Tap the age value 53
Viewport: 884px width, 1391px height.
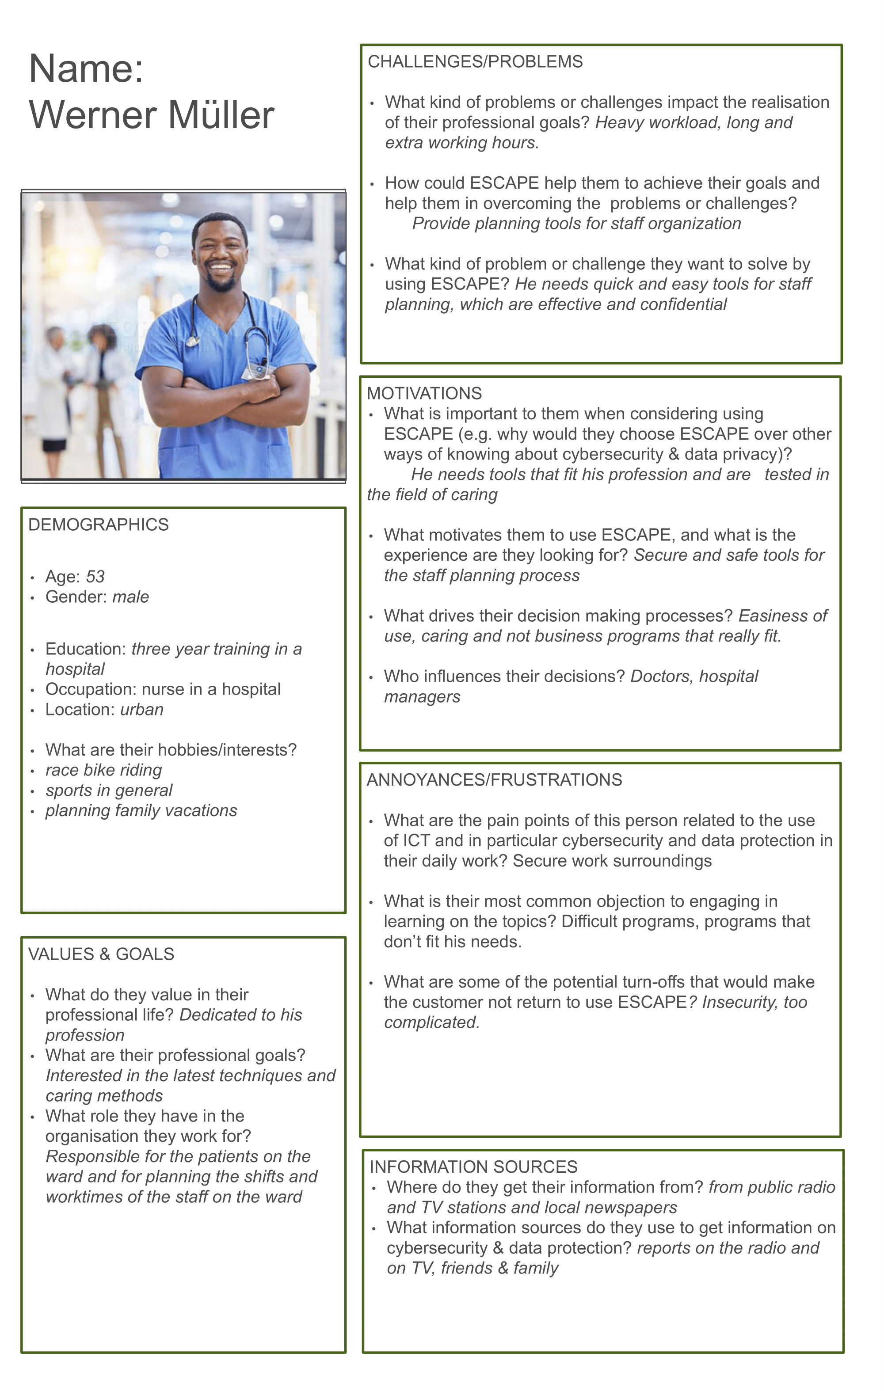tap(95, 577)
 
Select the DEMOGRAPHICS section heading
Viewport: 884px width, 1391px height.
tap(98, 524)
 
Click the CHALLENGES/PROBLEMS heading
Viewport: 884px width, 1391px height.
tap(475, 62)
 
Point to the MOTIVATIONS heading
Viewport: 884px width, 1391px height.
tap(424, 393)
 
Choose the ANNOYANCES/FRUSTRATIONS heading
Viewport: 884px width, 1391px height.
tap(494, 780)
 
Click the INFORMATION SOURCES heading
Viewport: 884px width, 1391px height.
tap(473, 1167)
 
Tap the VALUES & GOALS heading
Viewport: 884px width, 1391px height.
tap(101, 954)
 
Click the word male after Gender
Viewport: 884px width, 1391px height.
tap(130, 597)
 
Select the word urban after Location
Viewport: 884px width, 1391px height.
tap(141, 709)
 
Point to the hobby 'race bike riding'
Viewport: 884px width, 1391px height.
tap(103, 770)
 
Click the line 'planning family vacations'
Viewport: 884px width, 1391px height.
tap(141, 810)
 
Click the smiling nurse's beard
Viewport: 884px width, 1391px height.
tap(221, 283)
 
